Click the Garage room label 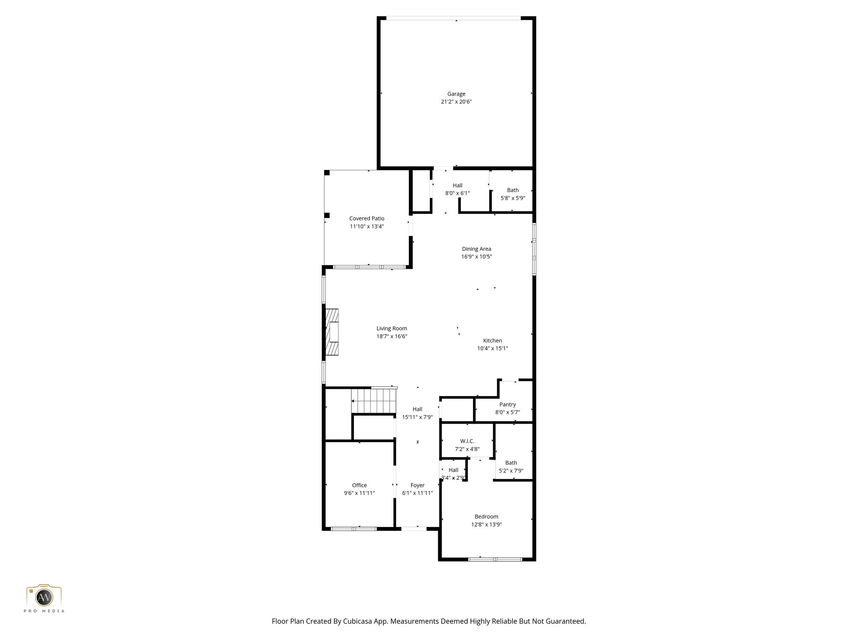456,94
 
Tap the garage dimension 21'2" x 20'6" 456,102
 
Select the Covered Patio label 367,219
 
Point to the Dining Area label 476,249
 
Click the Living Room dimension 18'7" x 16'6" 392,336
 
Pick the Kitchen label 492,340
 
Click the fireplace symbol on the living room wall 332,332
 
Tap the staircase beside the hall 374,401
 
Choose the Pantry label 507,404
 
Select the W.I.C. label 467,441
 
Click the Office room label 359,485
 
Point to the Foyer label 417,485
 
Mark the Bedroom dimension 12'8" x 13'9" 486,525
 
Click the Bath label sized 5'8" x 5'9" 513,190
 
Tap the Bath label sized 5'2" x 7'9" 511,463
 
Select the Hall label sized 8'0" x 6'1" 457,185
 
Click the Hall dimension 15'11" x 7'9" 417,417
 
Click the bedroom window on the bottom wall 495,559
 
